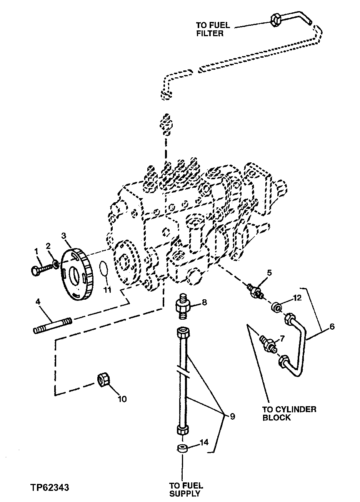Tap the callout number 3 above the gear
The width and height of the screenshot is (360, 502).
64,235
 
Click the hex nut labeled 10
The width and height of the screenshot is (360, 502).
103,379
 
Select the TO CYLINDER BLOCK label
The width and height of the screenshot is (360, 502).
289,413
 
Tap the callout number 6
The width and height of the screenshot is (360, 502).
332,327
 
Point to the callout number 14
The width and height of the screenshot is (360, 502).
204,442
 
